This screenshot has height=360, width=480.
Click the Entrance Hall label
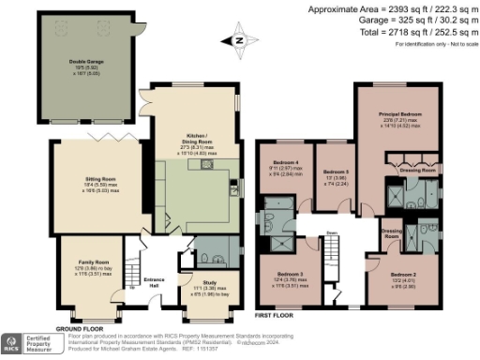153,278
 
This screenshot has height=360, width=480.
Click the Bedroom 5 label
335,172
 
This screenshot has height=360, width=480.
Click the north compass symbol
239,39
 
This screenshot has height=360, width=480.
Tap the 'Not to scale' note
458,44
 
